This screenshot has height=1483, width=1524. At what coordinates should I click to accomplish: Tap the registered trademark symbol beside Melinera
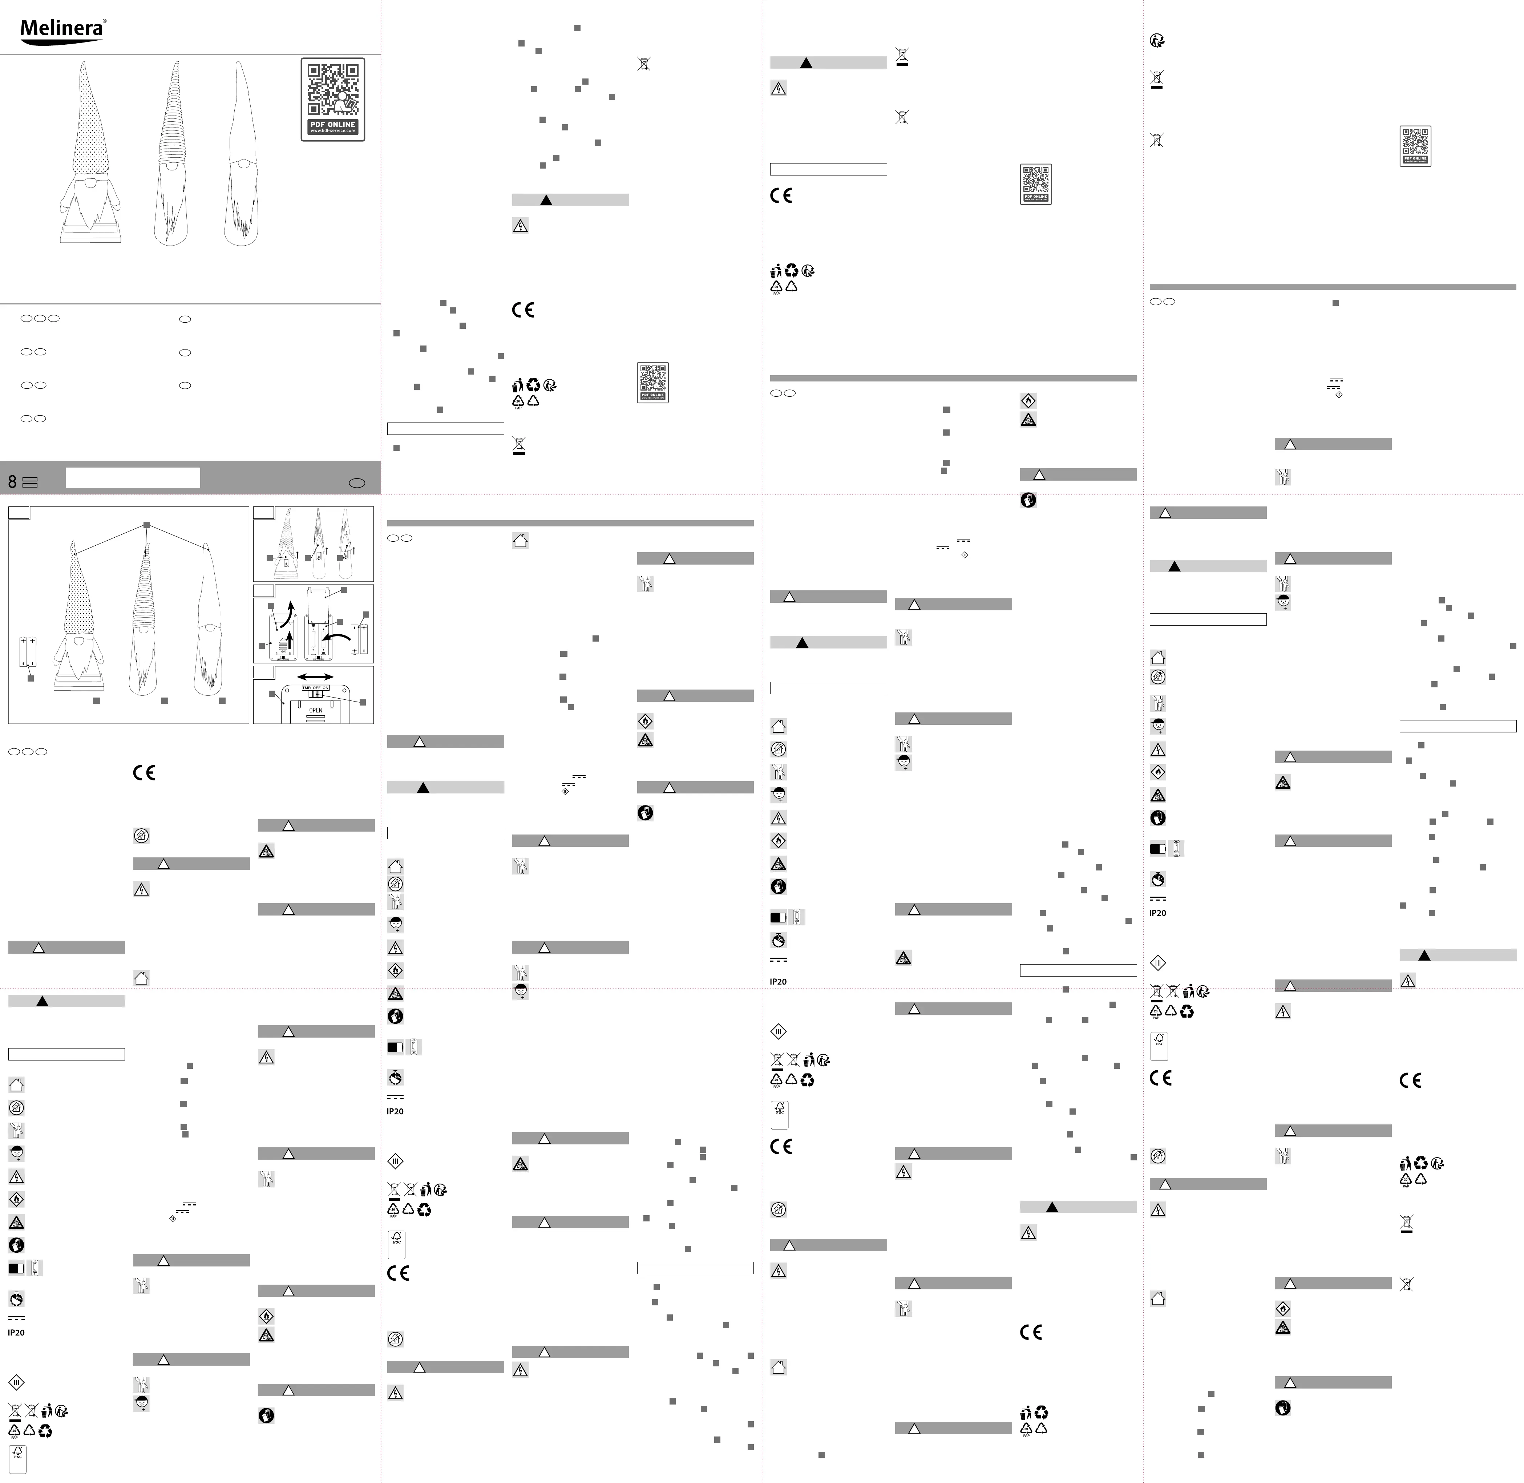click(x=104, y=22)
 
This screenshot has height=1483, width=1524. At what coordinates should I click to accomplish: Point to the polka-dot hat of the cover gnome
click(x=88, y=117)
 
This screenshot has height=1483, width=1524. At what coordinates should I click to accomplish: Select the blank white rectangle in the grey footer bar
click(x=132, y=477)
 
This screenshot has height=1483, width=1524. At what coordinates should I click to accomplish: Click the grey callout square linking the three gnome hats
click(x=146, y=526)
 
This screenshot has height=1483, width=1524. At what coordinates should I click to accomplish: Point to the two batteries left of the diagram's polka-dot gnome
click(x=28, y=651)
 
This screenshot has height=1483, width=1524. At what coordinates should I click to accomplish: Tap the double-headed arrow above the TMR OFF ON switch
click(x=315, y=677)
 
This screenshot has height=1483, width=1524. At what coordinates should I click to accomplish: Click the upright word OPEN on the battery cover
click(x=315, y=710)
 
